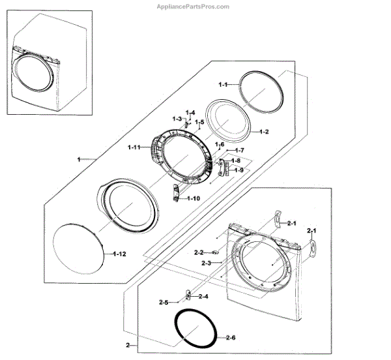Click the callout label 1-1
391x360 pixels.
click(223, 85)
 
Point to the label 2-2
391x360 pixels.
click(199, 252)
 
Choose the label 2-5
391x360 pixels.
click(164, 303)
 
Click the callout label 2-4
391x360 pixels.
click(203, 297)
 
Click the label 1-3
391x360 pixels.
click(177, 119)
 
